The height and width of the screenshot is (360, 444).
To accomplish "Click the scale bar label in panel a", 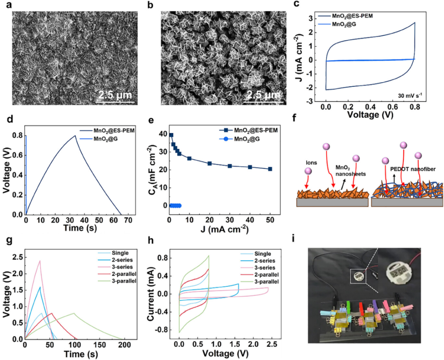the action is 115,95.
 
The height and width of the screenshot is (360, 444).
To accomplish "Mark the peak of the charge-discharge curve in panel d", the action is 75,136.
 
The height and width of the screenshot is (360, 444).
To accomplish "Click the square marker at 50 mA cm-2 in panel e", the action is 270,169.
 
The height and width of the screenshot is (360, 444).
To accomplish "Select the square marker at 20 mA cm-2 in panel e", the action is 210,163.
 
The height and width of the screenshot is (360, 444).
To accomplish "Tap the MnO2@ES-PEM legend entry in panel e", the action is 248,130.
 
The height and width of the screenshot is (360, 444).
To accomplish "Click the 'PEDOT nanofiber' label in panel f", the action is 413,169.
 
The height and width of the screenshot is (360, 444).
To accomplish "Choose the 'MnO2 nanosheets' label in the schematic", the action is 351,171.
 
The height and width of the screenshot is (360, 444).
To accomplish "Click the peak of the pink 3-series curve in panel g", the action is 40,261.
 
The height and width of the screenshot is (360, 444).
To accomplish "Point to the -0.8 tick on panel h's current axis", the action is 160,330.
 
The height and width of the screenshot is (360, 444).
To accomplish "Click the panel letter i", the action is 294,239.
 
